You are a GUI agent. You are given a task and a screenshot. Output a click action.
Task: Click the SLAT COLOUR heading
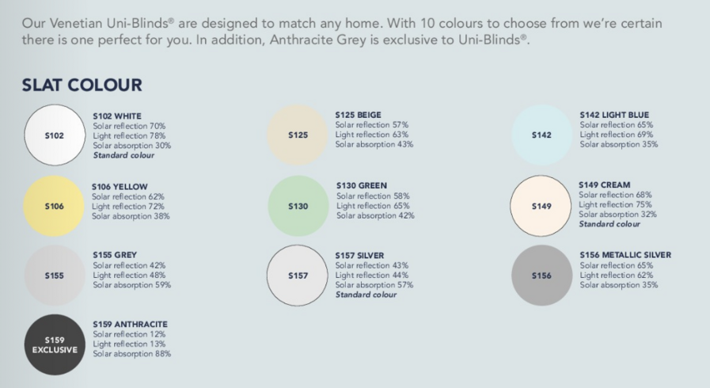click(82, 85)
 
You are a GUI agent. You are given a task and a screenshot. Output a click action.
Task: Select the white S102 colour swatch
click(55, 135)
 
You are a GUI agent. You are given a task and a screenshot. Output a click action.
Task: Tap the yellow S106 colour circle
click(54, 206)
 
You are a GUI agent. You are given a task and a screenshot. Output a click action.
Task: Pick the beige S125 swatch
click(298, 135)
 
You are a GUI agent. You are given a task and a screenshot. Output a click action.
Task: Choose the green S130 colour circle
click(298, 206)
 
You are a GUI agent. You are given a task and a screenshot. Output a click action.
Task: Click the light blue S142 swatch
click(541, 135)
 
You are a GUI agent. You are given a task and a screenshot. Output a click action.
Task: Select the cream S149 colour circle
click(541, 206)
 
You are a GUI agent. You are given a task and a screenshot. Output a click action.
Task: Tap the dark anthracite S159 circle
click(55, 344)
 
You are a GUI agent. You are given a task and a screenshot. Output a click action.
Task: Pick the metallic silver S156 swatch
click(541, 276)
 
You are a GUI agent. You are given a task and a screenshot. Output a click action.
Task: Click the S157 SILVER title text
click(359, 255)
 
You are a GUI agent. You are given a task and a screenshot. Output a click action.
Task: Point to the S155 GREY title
click(115, 255)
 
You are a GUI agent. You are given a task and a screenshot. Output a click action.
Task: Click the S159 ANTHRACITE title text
click(130, 324)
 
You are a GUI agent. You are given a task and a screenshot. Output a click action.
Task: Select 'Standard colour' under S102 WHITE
click(123, 155)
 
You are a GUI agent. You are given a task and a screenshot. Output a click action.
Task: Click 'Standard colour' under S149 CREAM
click(609, 224)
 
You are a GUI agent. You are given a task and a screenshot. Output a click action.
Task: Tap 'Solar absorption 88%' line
click(131, 354)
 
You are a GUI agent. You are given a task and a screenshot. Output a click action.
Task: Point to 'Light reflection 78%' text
click(129, 136)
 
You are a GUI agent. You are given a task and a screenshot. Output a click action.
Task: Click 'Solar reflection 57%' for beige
click(372, 125)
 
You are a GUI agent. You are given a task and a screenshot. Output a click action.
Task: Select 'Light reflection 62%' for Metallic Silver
click(617, 276)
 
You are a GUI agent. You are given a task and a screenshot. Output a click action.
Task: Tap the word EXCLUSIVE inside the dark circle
click(55, 349)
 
